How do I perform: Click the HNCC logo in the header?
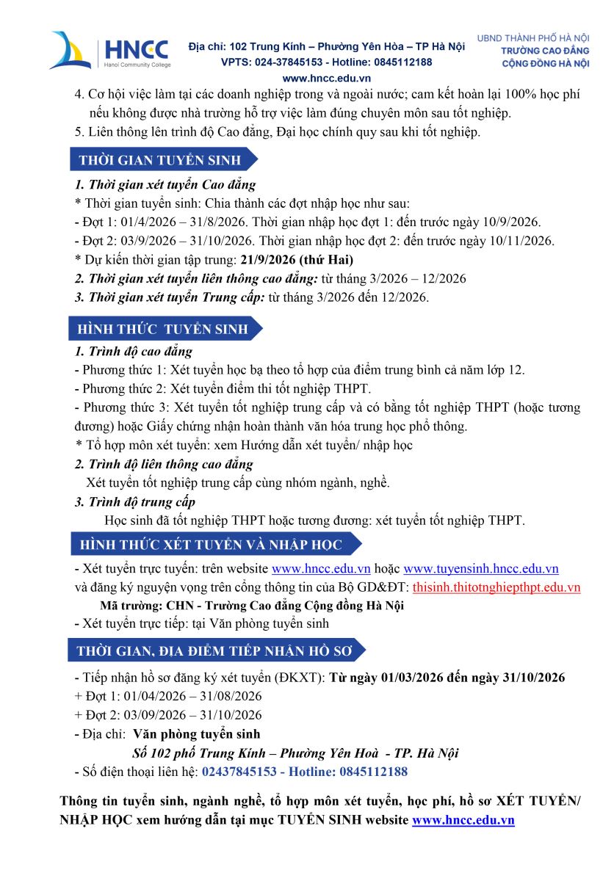[109, 51]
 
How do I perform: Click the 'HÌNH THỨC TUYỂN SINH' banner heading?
[163, 329]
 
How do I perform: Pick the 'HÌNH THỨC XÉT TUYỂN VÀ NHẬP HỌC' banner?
[211, 545]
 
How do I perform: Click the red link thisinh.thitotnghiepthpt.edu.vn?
[496, 587]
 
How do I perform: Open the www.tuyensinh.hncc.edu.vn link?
[481, 569]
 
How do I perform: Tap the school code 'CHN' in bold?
[179, 606]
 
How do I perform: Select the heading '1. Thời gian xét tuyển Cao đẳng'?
[165, 184]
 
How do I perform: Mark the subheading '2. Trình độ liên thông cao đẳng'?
[164, 464]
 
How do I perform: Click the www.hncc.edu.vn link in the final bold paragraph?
[463, 820]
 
